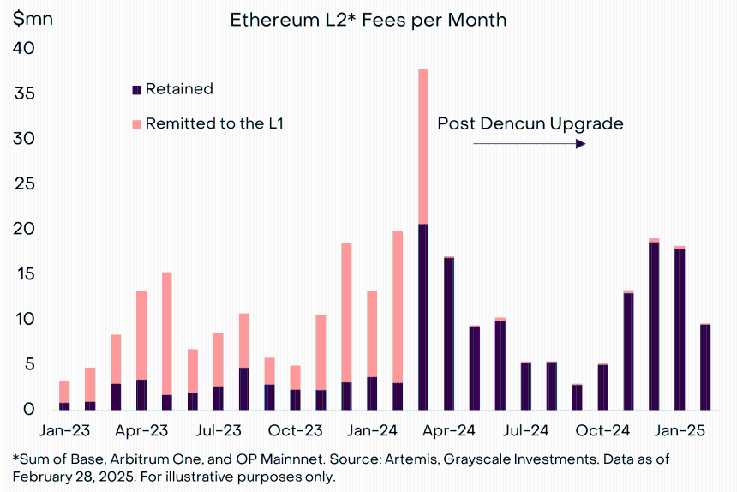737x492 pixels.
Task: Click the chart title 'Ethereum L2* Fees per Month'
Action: click(368, 21)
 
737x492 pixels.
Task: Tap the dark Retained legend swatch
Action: click(137, 90)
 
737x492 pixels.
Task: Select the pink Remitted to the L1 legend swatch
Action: click(137, 124)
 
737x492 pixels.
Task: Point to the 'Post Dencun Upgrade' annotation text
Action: click(530, 123)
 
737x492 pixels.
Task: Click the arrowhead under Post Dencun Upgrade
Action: click(581, 143)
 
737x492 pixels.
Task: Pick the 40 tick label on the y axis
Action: click(23, 48)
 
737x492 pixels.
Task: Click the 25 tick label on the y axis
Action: click(25, 183)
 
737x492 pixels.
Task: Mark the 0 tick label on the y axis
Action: click(29, 410)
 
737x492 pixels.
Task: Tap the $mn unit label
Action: click(33, 19)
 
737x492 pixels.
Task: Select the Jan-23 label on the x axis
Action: click(64, 430)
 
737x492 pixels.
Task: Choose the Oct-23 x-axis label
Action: click(295, 430)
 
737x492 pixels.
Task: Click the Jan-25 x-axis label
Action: click(680, 430)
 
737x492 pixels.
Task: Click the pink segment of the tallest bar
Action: click(423, 147)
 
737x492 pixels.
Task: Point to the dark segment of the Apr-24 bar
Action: click(449, 333)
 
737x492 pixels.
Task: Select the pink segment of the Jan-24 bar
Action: click(372, 334)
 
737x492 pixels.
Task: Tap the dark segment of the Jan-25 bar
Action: click(680, 329)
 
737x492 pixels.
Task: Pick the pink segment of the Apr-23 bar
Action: click(141, 335)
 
